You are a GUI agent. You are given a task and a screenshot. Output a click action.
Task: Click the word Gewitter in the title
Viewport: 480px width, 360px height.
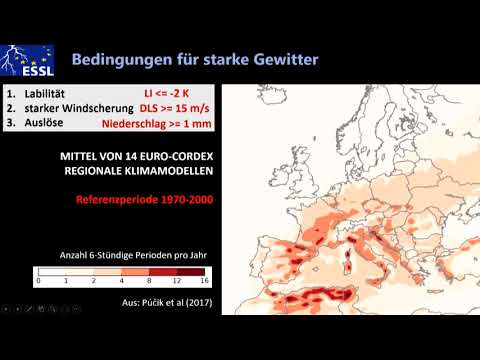[281, 61]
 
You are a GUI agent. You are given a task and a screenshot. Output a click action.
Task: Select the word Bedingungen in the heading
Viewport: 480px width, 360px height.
[119, 61]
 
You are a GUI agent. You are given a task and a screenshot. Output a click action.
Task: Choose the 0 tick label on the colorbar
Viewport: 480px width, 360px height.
[38, 281]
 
